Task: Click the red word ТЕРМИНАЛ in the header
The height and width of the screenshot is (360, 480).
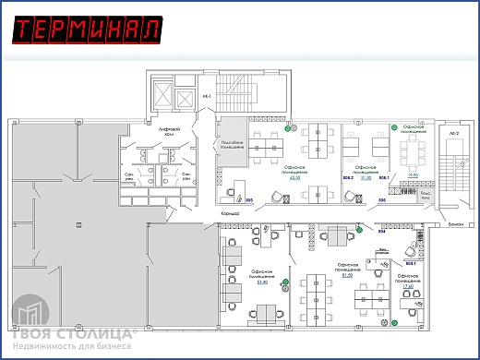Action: point(88,30)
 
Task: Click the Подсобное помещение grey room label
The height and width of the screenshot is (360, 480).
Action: point(230,144)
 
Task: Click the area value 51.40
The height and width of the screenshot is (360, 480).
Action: point(260,282)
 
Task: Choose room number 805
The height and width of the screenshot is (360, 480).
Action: point(249,198)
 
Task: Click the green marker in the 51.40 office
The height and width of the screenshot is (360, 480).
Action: point(285,281)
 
